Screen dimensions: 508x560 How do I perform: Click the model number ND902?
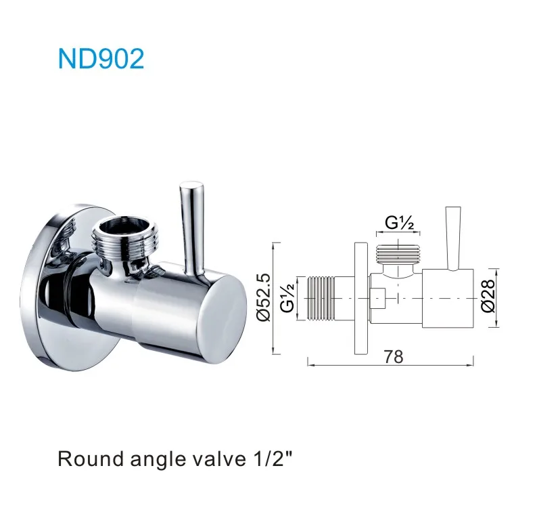[101, 59]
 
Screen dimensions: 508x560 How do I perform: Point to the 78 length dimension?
[393, 356]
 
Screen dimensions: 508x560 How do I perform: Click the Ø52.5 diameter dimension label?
[262, 298]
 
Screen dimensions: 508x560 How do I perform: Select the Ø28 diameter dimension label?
[486, 298]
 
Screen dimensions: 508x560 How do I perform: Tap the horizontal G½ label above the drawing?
[400, 222]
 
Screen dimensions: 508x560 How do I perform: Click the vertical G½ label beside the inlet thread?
[287, 297]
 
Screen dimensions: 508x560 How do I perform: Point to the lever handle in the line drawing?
[450, 237]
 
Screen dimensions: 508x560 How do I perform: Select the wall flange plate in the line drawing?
[362, 298]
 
